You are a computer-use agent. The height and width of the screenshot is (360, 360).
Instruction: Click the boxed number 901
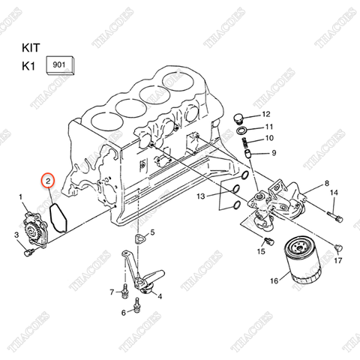[59, 65]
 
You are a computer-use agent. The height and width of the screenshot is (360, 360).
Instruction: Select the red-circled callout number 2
[47, 181]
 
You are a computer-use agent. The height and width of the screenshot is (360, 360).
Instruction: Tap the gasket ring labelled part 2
[58, 213]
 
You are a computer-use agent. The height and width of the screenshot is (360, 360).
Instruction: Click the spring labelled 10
[247, 139]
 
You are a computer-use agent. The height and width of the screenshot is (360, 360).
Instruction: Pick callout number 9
[274, 153]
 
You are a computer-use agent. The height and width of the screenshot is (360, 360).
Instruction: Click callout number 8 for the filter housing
[327, 183]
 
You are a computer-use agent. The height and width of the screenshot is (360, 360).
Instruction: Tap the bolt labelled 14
[335, 218]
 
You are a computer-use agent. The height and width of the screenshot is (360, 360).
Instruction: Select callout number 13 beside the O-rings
[201, 196]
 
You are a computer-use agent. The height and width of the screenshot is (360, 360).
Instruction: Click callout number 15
[260, 251]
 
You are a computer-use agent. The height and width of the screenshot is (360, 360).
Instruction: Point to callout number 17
[337, 260]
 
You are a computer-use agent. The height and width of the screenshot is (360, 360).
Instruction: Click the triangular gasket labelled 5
[139, 239]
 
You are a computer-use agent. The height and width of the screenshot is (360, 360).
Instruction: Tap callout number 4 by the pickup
[158, 295]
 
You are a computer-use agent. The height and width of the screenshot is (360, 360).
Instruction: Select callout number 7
[112, 291]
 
